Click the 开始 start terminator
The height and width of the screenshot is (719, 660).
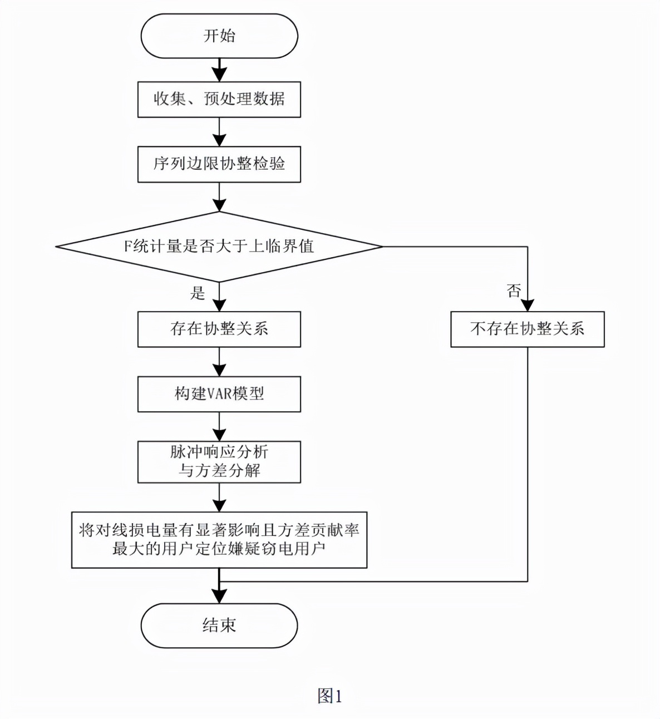219,36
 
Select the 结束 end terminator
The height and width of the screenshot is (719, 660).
219,626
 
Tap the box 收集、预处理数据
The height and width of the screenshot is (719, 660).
219,100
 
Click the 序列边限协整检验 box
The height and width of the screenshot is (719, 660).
219,164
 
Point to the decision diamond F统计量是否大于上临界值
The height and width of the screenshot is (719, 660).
219,247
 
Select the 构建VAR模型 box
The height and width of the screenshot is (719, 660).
219,394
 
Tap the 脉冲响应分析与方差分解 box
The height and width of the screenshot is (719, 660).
219,462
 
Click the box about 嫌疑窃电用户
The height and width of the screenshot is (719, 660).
219,540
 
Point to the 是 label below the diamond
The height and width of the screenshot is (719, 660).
198,293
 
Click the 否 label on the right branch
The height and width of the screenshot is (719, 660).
514,290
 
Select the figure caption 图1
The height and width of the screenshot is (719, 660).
329,696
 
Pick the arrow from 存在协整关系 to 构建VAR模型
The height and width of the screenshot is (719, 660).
219,362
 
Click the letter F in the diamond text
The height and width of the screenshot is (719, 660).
127,247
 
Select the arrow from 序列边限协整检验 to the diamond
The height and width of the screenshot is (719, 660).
219,197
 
